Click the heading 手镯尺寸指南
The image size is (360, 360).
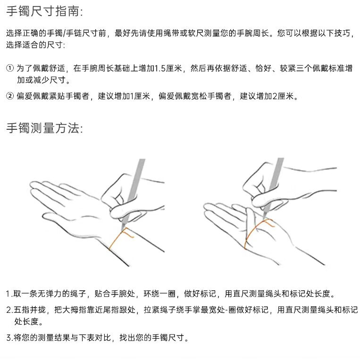(x=44, y=11)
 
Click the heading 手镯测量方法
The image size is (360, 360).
(x=44, y=128)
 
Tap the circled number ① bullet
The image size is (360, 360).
(x=10, y=68)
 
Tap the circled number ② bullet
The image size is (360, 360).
(x=10, y=96)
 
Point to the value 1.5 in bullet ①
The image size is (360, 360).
(x=159, y=68)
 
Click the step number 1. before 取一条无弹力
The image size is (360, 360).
(x=9, y=293)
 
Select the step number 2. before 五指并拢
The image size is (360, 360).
(x=9, y=310)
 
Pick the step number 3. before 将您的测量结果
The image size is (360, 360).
(x=9, y=338)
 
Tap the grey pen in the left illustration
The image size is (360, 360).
(x=134, y=193)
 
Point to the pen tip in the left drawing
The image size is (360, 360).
(x=122, y=230)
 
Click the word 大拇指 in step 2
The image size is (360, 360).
(x=75, y=310)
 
